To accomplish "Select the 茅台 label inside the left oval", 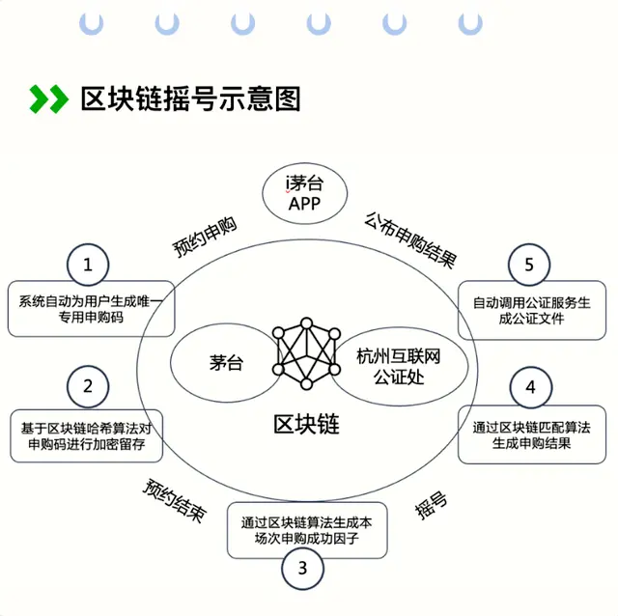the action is click(226, 363).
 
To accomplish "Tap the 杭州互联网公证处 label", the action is click(399, 367).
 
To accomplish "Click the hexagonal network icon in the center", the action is click(306, 353).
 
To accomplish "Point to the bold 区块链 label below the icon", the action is click(306, 425).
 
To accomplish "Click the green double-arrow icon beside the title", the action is click(49, 98).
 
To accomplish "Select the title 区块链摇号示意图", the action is click(191, 98).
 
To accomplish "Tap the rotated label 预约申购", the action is click(205, 237).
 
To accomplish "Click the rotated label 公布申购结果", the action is click(410, 240).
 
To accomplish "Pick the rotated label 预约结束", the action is click(175, 500).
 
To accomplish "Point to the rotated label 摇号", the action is click(431, 505).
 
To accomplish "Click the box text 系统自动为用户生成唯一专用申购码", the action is click(91, 309).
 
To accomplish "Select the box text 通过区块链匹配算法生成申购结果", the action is click(532, 435).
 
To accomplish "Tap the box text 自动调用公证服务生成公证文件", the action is click(532, 310).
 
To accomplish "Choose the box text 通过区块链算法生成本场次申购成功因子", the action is click(307, 530).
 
